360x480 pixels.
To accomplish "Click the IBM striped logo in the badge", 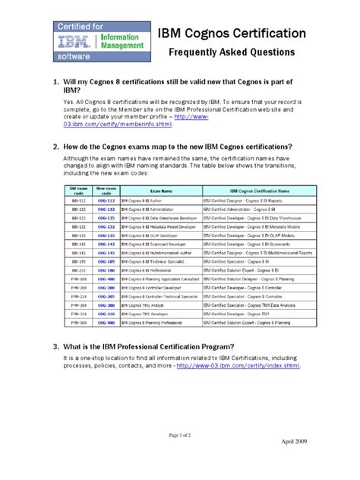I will point(66,41).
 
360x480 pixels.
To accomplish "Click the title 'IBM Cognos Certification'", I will point(232,34).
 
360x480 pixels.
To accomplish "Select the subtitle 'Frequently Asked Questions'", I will point(232,54).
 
